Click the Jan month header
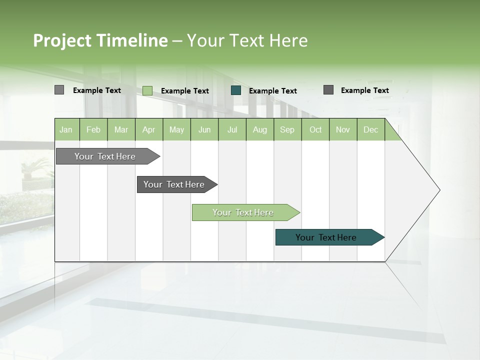[x=66, y=129]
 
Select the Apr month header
[x=148, y=129]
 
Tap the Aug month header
[x=259, y=129]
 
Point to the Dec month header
[x=370, y=129]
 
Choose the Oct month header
[x=315, y=129]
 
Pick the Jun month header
[x=204, y=129]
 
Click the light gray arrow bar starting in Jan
[x=105, y=156]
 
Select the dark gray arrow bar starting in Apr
[x=174, y=184]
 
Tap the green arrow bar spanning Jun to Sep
[x=243, y=212]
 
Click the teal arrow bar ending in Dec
[x=326, y=237]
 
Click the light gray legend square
[x=59, y=90]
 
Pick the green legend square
[x=147, y=90]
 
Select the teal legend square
[x=236, y=90]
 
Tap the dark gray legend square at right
[x=328, y=90]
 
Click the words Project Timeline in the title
[x=100, y=40]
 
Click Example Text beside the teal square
[x=272, y=91]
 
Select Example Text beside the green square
[x=184, y=91]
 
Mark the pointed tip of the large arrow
[x=438, y=190]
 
